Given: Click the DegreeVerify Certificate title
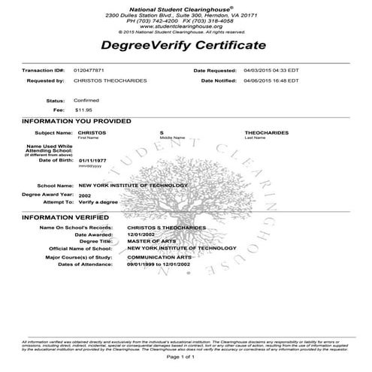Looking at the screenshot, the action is coord(186,47).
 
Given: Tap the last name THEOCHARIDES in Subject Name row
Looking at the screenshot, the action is coord(267,132).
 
